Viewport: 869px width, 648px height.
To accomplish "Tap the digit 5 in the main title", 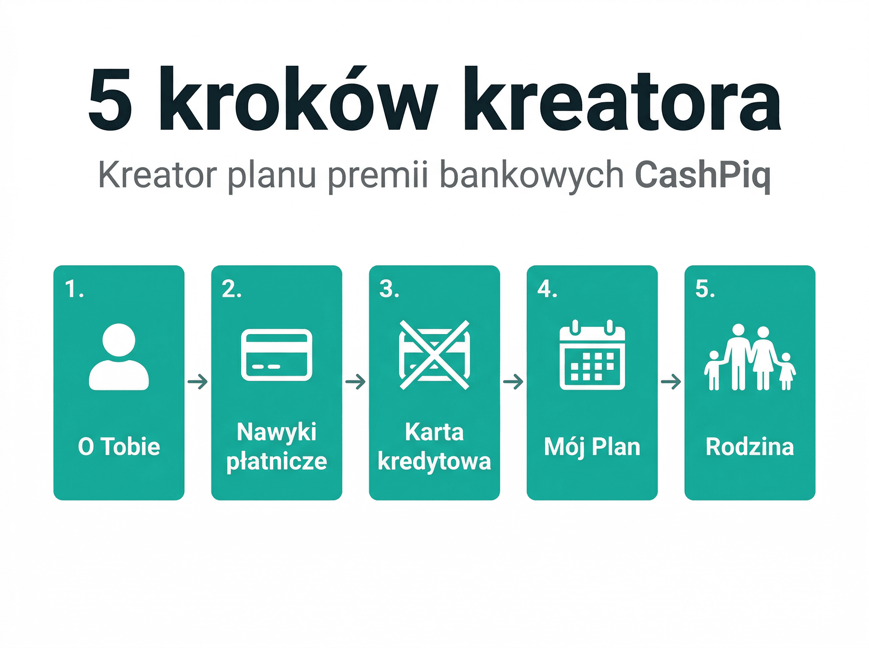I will pyautogui.click(x=110, y=100).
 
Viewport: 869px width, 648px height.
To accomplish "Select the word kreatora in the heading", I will pyautogui.click(x=622, y=100).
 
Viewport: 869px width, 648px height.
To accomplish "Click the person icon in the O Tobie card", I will pyautogui.click(x=119, y=357).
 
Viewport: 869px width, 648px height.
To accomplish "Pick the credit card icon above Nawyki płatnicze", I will pyautogui.click(x=276, y=355).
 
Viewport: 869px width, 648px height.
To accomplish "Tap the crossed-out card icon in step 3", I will pyautogui.click(x=434, y=355).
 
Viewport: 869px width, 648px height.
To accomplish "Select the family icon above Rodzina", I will pyautogui.click(x=750, y=358).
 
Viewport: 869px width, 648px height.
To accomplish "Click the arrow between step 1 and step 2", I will pyautogui.click(x=198, y=381).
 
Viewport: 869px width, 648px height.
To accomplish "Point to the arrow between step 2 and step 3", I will pyautogui.click(x=355, y=381).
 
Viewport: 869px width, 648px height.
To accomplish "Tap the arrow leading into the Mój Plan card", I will pyautogui.click(x=513, y=381).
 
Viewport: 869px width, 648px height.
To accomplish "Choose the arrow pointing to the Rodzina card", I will pyautogui.click(x=671, y=381).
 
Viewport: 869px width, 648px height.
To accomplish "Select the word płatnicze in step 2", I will pyautogui.click(x=276, y=462).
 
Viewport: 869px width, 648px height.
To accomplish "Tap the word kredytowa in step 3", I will pyautogui.click(x=434, y=462).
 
